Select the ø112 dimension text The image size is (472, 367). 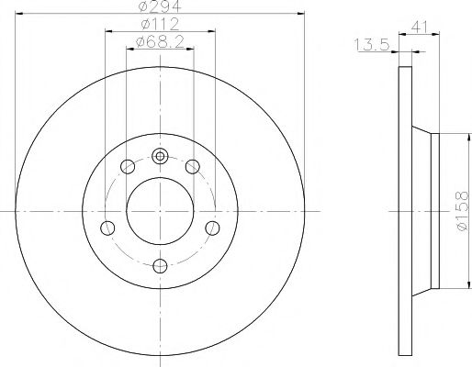pos(159,24)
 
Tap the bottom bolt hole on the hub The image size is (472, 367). pos(160,265)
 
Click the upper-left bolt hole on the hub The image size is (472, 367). pos(127,166)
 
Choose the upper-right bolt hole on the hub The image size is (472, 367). pos(193,166)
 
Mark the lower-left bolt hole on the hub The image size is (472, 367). pos(107,228)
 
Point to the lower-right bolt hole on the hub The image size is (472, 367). pos(212,228)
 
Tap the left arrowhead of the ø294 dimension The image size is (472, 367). pos(21,14)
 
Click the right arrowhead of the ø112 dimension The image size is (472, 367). pos(212,30)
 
